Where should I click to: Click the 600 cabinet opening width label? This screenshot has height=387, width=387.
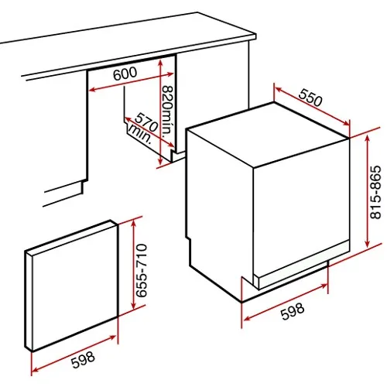tap(125, 74)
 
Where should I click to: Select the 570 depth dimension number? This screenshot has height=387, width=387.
tap(146, 122)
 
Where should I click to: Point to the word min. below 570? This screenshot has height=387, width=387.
tap(140, 134)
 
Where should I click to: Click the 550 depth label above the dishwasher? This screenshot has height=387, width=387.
tap(310, 98)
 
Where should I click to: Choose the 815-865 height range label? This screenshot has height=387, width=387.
tap(375, 192)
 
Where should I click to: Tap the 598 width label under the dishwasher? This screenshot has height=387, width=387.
tap(293, 311)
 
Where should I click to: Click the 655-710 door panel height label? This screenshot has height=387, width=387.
tap(142, 270)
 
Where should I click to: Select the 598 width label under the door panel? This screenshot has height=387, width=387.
tap(83, 360)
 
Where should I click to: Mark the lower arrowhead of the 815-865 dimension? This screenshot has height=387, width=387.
tap(368, 243)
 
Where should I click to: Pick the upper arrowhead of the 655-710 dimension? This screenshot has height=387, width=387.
tap(133, 222)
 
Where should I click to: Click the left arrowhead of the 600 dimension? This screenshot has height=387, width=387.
tap(92, 90)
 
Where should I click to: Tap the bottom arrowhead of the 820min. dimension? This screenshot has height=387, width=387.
tap(160, 161)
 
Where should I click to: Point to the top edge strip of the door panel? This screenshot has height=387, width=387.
tap(71, 236)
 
